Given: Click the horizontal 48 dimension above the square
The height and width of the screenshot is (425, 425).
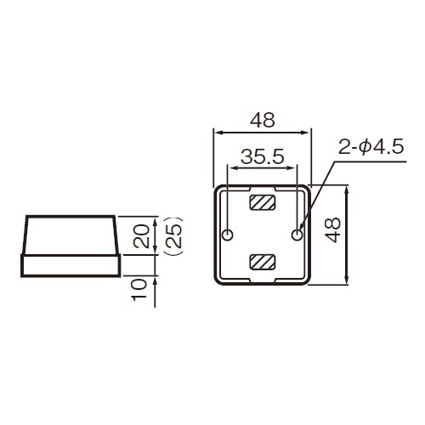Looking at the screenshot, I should pyautogui.click(x=263, y=120).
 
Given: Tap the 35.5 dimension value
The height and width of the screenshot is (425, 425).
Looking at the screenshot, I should pyautogui.click(x=262, y=157).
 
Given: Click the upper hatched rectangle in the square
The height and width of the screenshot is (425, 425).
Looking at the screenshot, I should pyautogui.click(x=262, y=204).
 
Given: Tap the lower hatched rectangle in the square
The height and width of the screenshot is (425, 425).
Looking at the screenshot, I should pyautogui.click(x=262, y=261).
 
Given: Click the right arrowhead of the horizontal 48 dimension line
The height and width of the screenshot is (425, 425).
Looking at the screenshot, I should pyautogui.click(x=307, y=132).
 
